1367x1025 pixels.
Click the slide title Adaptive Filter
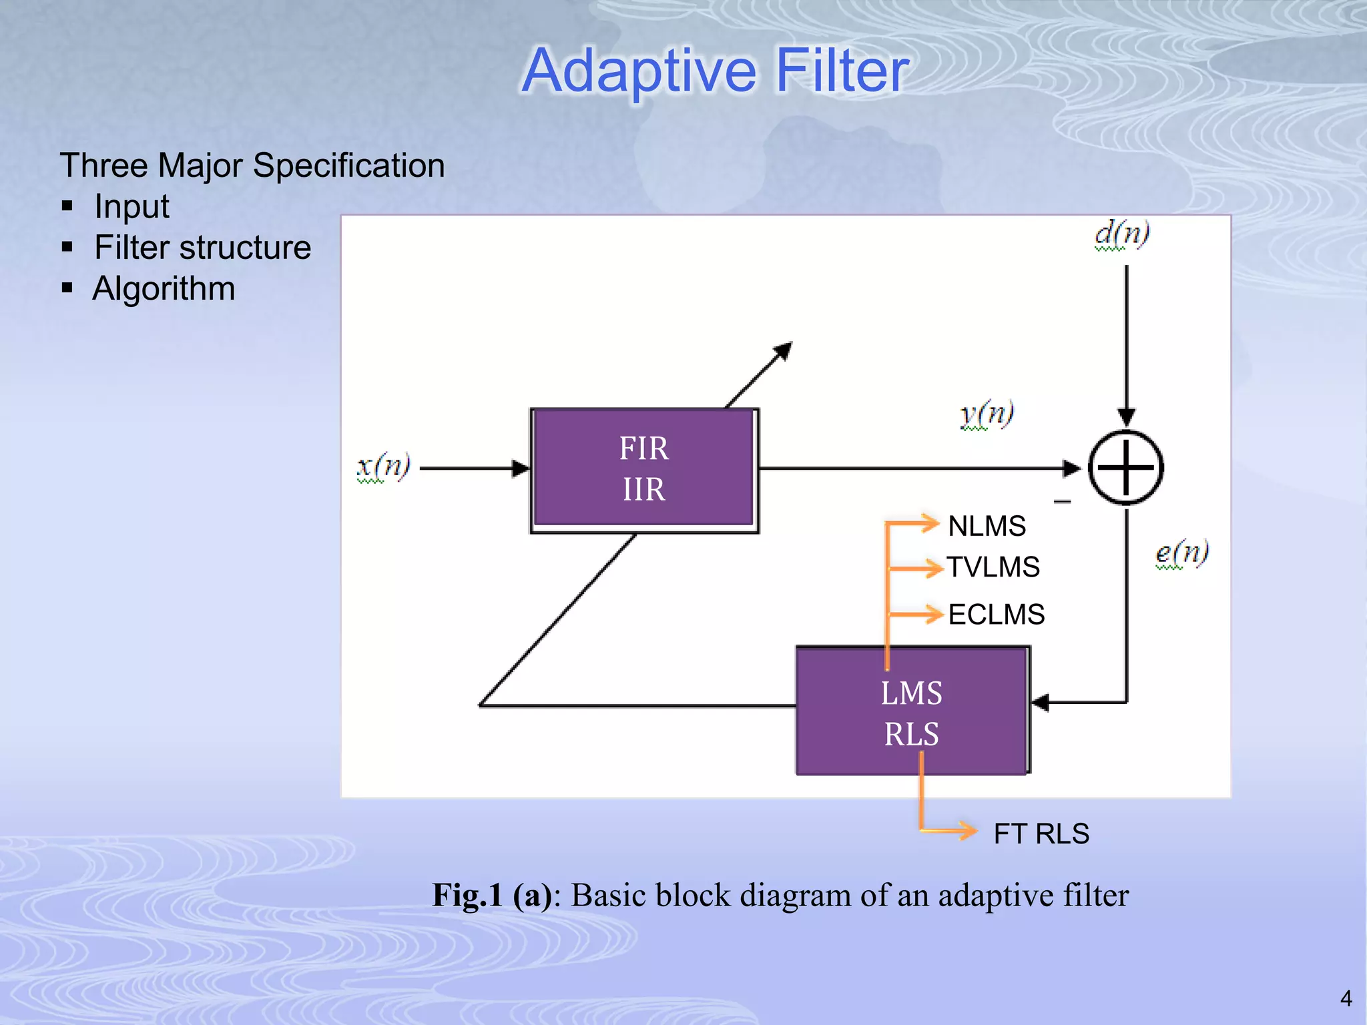tap(715, 71)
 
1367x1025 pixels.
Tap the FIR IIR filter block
tap(644, 468)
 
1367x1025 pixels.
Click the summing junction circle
tap(1126, 468)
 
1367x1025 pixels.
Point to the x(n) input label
tap(383, 466)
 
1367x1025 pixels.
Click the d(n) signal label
tap(1122, 234)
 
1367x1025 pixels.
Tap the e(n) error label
tap(1182, 553)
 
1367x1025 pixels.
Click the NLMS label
tap(987, 527)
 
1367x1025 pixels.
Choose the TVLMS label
tap(993, 568)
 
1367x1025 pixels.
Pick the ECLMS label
tap(997, 615)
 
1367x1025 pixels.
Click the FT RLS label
tap(1041, 834)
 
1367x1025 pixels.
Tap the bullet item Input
tap(131, 207)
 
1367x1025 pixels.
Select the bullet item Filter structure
tap(202, 248)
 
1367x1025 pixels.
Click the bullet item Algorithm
tap(164, 289)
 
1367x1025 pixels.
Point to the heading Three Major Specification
tap(252, 165)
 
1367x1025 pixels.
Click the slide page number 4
tap(1346, 998)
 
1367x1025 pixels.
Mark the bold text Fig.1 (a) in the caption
tap(493, 896)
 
